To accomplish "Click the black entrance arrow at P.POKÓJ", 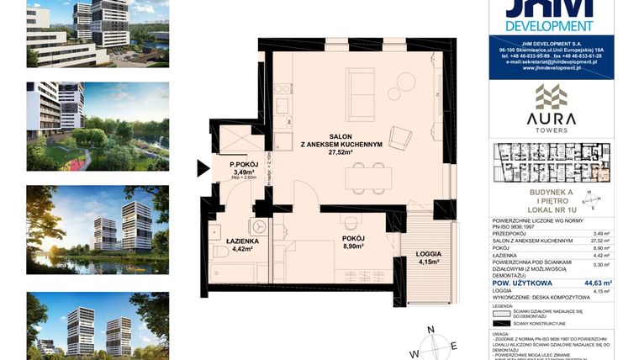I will click(203, 168).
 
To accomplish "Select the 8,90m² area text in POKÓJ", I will click(353, 247).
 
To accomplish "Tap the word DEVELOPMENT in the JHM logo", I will click(551, 25).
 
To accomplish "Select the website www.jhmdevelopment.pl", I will click(551, 67).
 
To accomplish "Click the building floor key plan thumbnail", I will click(551, 164).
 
